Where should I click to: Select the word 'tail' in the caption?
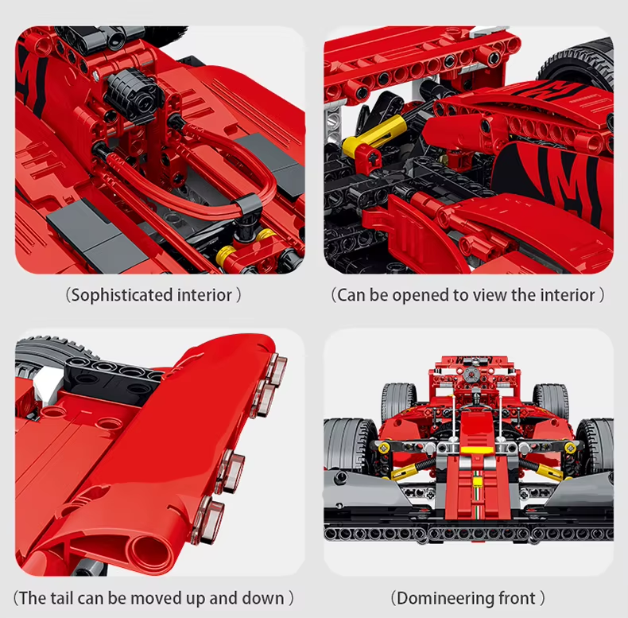(x=64, y=597)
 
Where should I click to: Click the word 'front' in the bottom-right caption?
(x=518, y=597)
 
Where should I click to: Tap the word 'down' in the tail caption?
(x=262, y=597)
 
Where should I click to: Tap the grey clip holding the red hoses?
(x=250, y=208)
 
